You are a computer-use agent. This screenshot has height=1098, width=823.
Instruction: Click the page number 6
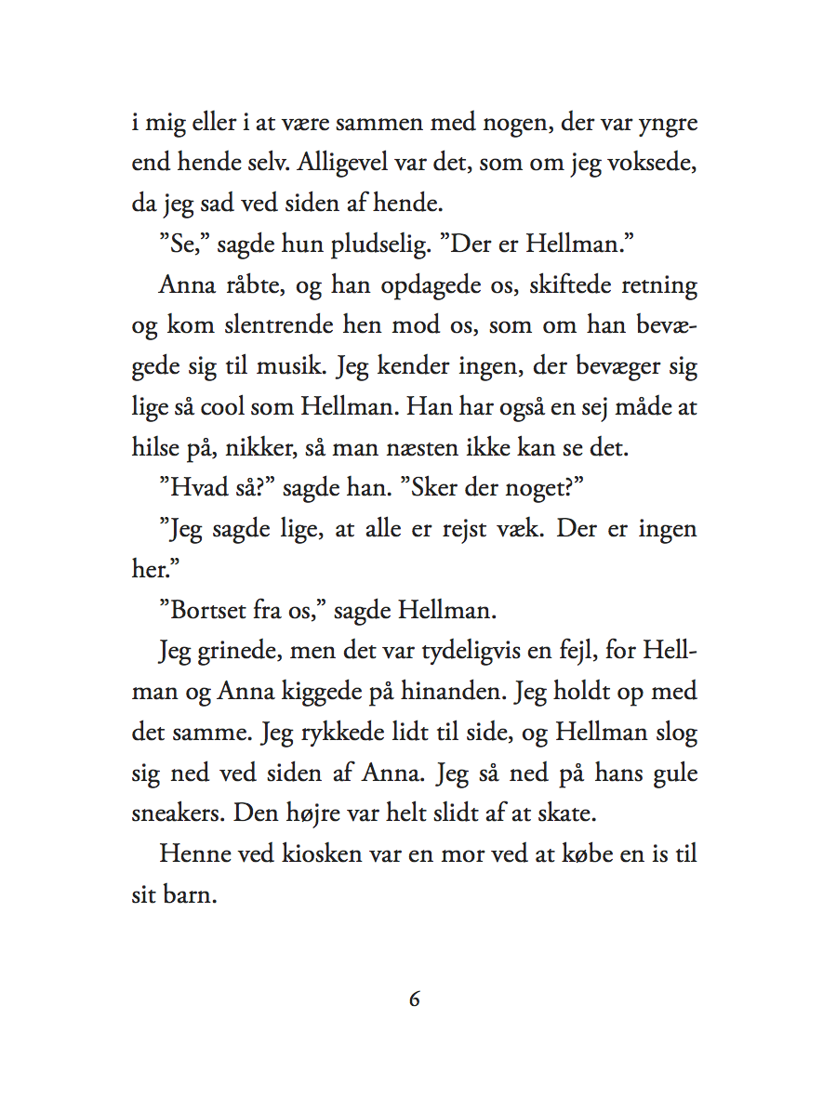tap(415, 1000)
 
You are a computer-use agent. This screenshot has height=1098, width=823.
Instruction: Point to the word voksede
tap(656, 165)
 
